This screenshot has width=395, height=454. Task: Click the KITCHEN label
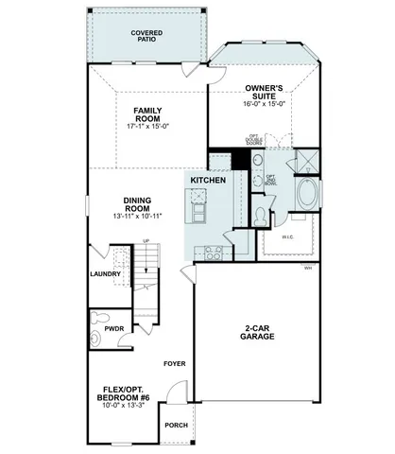click(x=207, y=179)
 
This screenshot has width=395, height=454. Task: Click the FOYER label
click(x=174, y=362)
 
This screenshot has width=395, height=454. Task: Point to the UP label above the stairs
click(x=146, y=240)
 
